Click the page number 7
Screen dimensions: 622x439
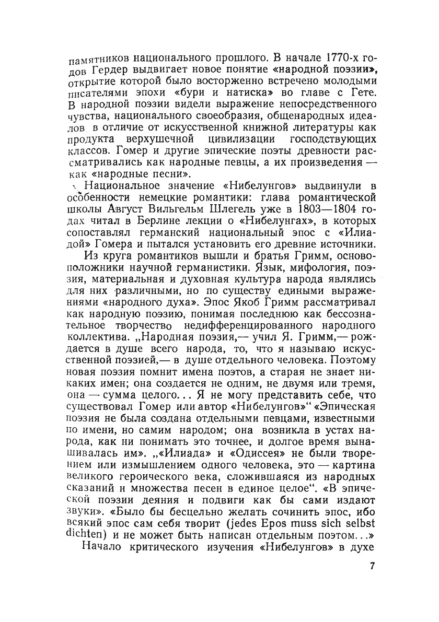click(x=372, y=567)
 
